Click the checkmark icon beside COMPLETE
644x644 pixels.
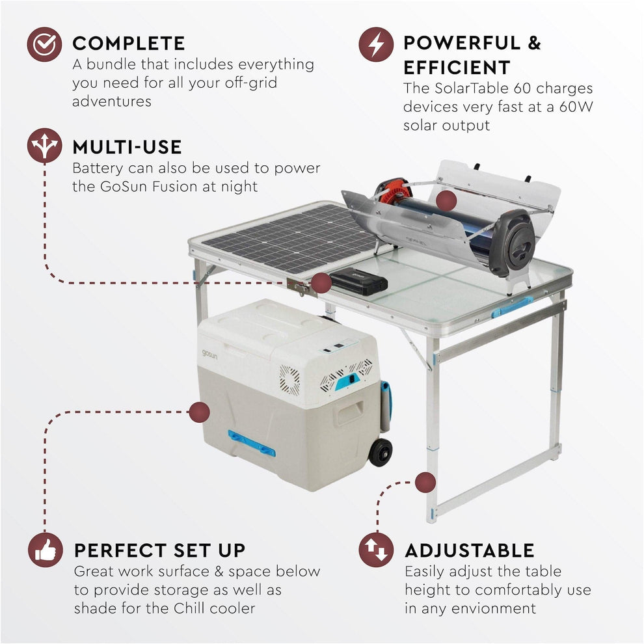(x=44, y=44)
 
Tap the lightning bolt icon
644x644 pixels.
(x=376, y=44)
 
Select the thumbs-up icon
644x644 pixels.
(x=45, y=550)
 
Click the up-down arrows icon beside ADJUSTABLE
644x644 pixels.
(x=376, y=550)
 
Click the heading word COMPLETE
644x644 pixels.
(x=129, y=44)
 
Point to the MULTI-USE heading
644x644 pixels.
(x=127, y=146)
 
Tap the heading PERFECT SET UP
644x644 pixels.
(x=160, y=550)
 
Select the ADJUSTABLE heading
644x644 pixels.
(x=470, y=550)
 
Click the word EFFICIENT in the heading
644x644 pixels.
(x=457, y=68)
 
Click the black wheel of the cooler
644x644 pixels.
(x=381, y=452)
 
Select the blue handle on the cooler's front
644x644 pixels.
(x=251, y=442)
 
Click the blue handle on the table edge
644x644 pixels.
(x=512, y=307)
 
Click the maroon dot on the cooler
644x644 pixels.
(x=200, y=411)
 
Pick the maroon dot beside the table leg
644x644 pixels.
(x=425, y=482)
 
